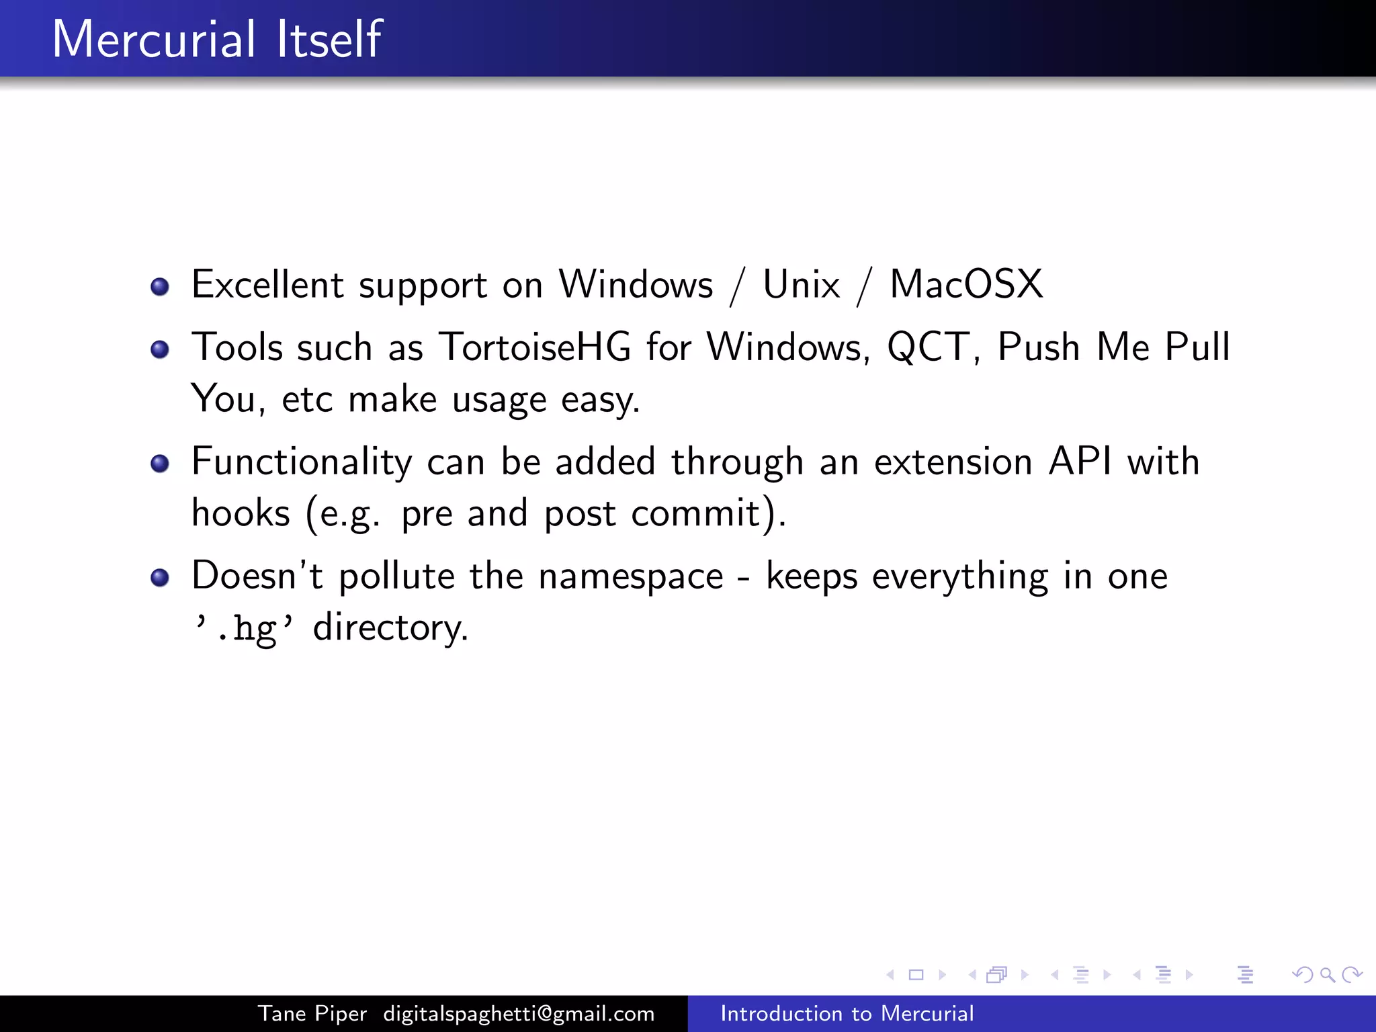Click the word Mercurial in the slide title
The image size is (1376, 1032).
pyautogui.click(x=153, y=39)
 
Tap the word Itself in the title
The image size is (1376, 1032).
pyautogui.click(x=329, y=39)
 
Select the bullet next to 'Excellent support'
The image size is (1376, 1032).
pyautogui.click(x=160, y=287)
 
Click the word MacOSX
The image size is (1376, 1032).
pyautogui.click(x=966, y=284)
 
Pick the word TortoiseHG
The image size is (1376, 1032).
pyautogui.click(x=535, y=347)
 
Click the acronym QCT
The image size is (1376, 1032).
pyautogui.click(x=928, y=348)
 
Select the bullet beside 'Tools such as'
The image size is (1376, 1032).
pyautogui.click(x=160, y=349)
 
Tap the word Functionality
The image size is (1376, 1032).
pyautogui.click(x=301, y=462)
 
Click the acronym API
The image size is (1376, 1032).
pyautogui.click(x=1080, y=462)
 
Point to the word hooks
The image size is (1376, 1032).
pyautogui.click(x=241, y=513)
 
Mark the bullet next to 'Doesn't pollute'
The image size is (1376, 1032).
pyautogui.click(x=160, y=578)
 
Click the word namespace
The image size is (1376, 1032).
pyautogui.click(x=630, y=576)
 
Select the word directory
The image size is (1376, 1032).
pyautogui.click(x=390, y=628)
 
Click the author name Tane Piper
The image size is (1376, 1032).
pyautogui.click(x=312, y=1013)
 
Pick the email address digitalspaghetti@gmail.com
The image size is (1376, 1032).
pyautogui.click(x=519, y=1013)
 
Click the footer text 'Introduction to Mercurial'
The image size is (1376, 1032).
pyautogui.click(x=847, y=1013)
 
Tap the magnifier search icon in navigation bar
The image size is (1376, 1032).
pyautogui.click(x=1327, y=975)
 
